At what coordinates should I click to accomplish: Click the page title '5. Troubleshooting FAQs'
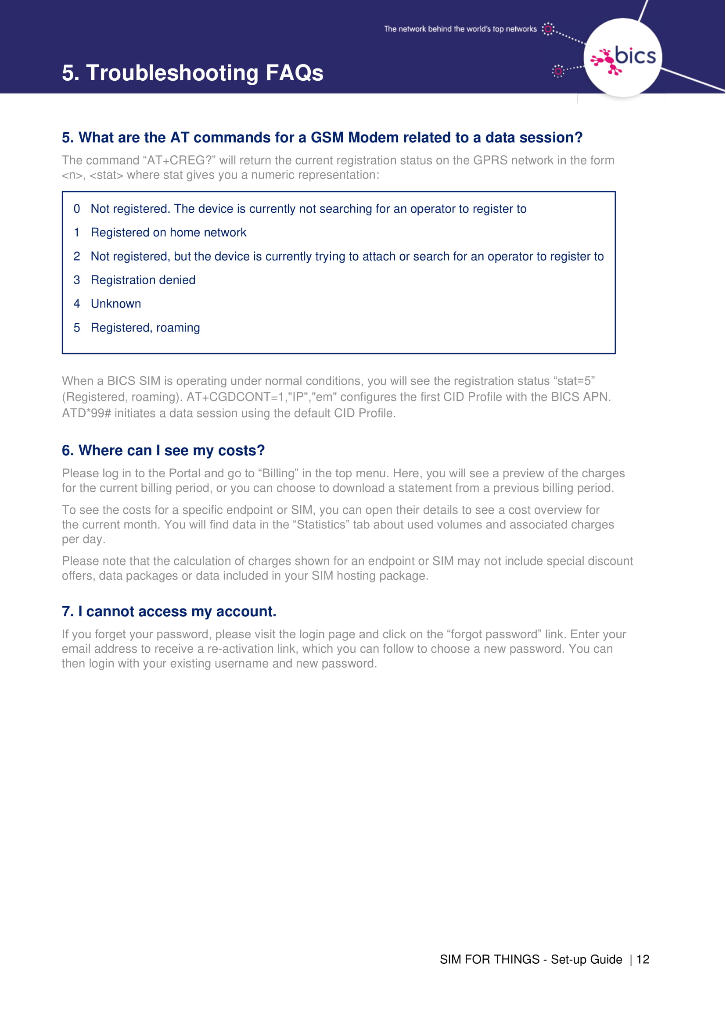(x=192, y=73)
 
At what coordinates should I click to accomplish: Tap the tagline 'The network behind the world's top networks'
(x=460, y=29)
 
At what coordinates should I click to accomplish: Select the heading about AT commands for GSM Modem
(x=322, y=137)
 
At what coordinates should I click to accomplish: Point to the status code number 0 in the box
(x=77, y=209)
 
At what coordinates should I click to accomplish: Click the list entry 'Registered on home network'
(x=168, y=232)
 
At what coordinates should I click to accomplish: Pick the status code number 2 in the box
(x=77, y=256)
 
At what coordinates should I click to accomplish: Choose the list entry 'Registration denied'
(x=143, y=280)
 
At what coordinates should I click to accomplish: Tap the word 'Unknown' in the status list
(x=116, y=304)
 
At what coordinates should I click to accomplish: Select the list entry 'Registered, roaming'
(x=145, y=328)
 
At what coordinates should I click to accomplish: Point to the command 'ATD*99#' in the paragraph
(x=86, y=413)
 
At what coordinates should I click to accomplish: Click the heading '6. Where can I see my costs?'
(x=163, y=450)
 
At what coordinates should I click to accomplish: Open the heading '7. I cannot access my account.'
(x=169, y=611)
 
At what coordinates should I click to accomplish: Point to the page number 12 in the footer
(x=643, y=959)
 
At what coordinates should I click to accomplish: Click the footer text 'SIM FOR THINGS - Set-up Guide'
(x=531, y=959)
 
